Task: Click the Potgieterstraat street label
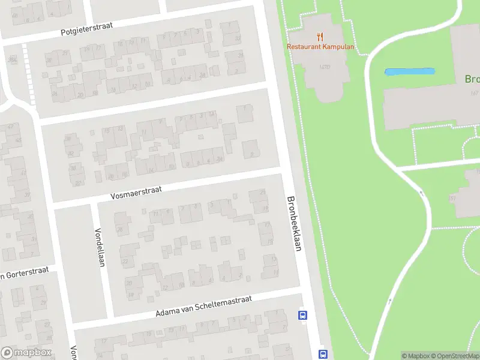86,28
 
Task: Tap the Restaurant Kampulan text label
320,47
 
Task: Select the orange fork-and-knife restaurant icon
320,36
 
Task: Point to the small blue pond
409,72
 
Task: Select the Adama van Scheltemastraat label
204,305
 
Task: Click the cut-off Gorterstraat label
23,275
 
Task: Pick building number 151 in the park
452,198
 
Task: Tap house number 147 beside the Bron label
474,93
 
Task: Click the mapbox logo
26,352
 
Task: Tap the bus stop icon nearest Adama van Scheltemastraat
303,315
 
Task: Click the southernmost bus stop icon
323,354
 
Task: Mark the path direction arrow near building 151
421,193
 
